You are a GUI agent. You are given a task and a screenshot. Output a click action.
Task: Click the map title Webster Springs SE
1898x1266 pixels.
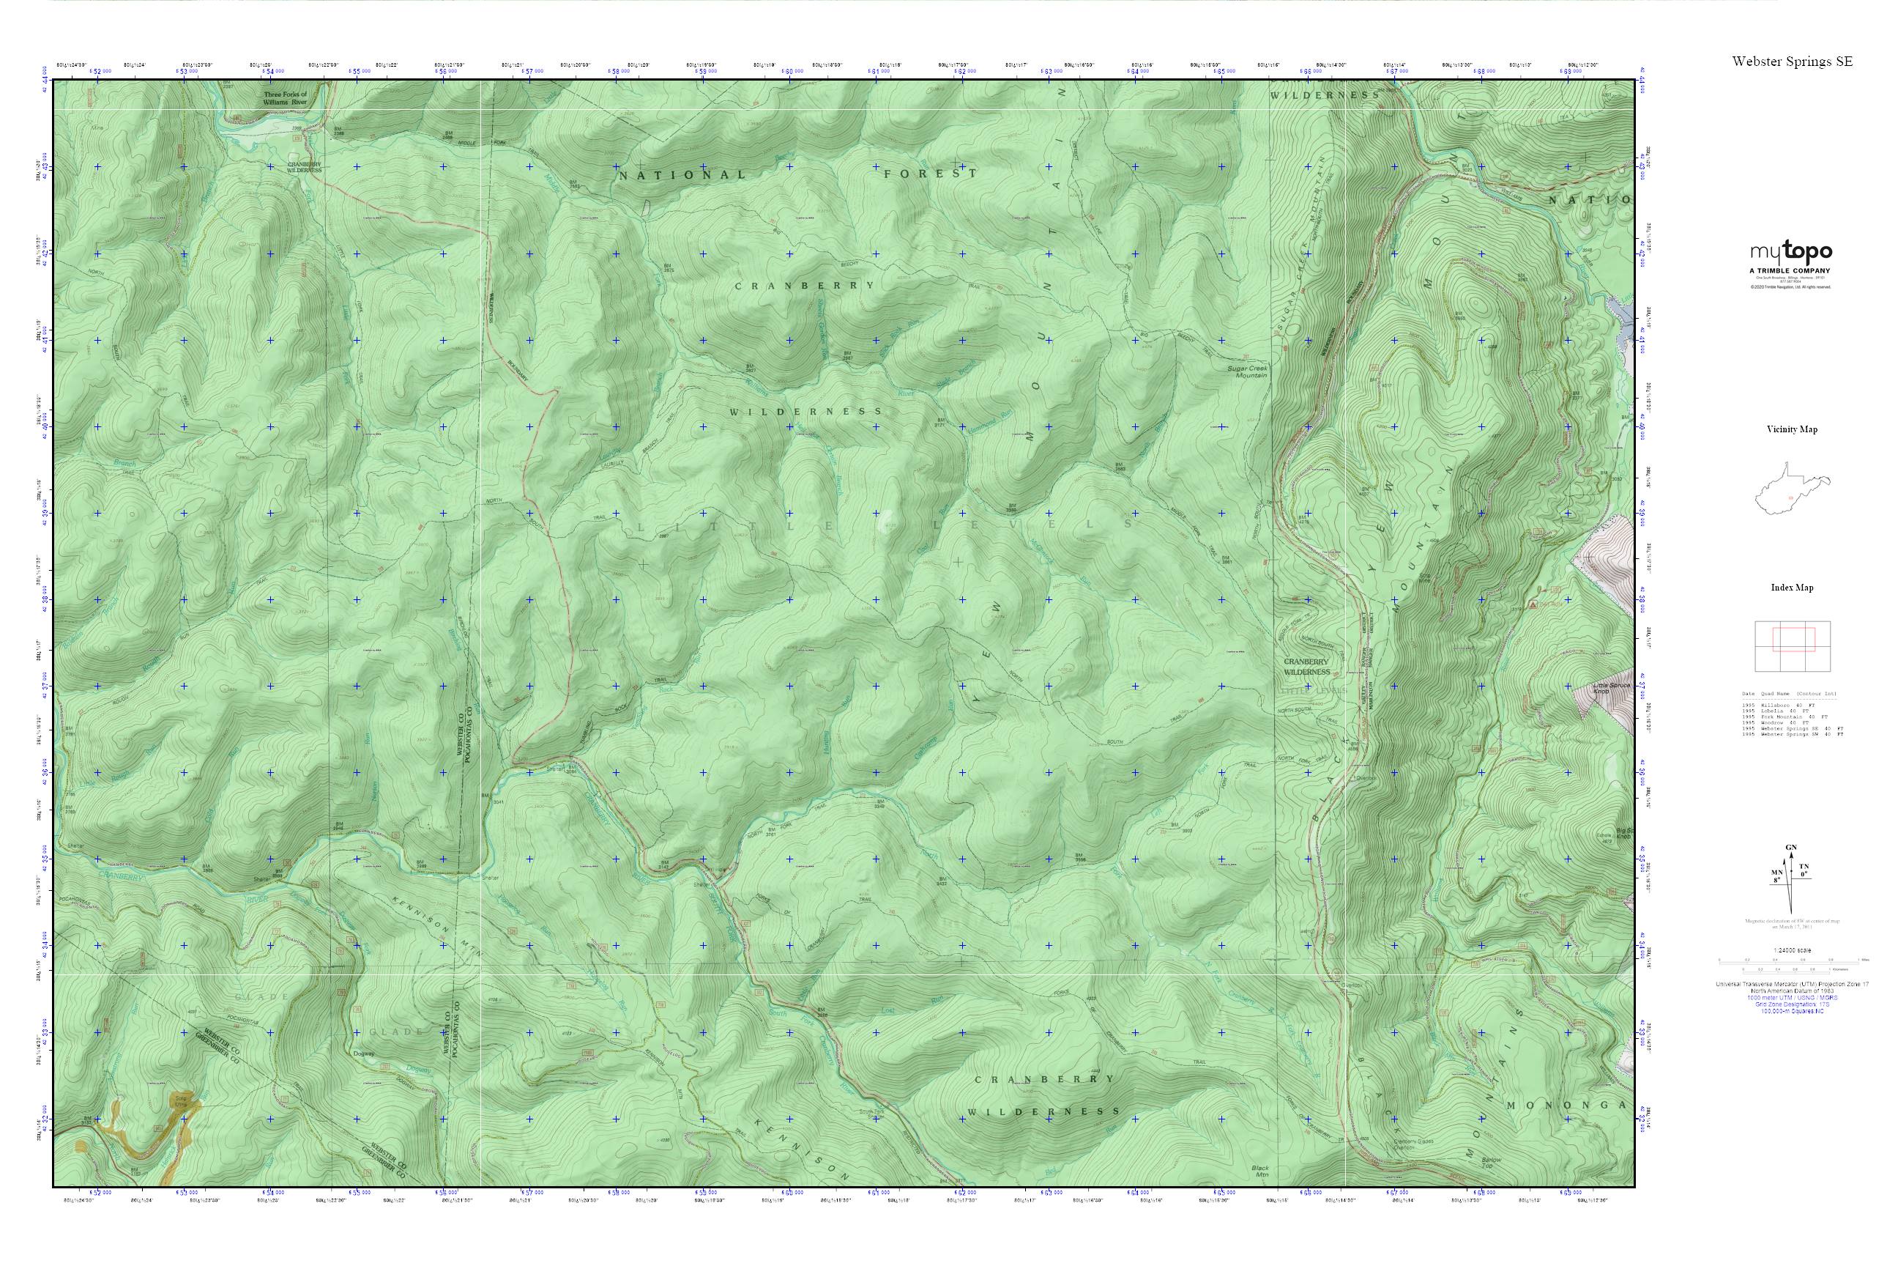(1792, 62)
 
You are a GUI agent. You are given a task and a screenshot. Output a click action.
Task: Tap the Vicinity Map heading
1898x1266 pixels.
(1792, 429)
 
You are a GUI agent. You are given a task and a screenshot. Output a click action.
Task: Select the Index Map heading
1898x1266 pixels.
(1792, 588)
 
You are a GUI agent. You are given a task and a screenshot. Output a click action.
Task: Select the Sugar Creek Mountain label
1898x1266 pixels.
(1247, 372)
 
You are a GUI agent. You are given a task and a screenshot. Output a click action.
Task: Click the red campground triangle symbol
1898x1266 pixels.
(1533, 604)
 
